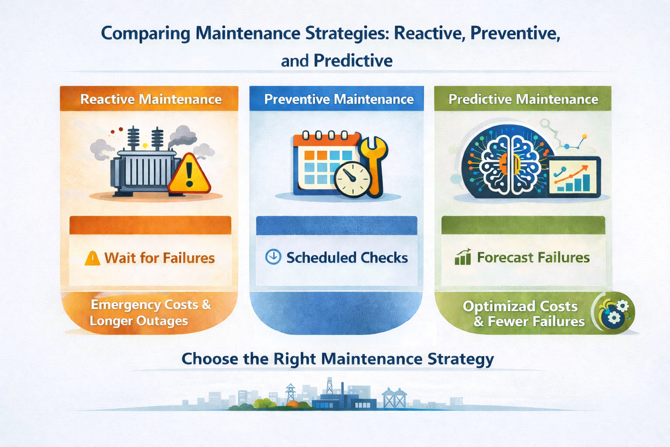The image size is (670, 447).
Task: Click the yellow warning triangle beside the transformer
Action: (x=189, y=175)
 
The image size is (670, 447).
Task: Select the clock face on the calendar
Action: (x=352, y=179)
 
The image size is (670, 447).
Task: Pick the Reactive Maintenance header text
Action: (x=151, y=99)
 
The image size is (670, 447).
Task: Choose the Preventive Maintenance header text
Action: (x=338, y=99)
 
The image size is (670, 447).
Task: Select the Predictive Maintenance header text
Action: (x=523, y=99)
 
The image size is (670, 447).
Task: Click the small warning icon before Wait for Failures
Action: (x=92, y=258)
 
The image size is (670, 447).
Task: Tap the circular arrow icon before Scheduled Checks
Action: (x=273, y=257)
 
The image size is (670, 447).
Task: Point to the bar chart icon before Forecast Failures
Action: (x=462, y=258)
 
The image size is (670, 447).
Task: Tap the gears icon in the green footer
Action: (x=615, y=313)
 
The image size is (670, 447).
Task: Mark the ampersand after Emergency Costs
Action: (x=206, y=305)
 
